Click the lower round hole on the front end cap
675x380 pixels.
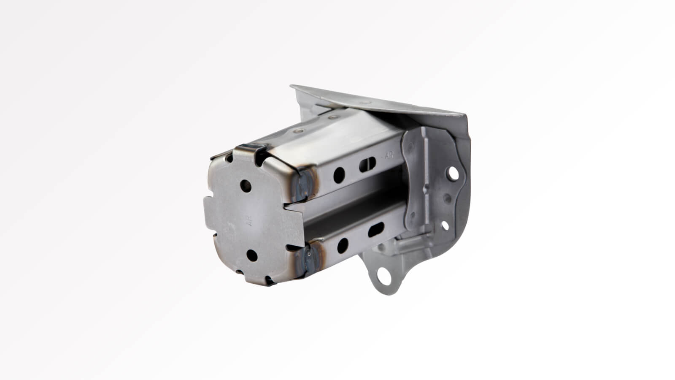[x=251, y=254]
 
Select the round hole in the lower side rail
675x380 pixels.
[x=343, y=244]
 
